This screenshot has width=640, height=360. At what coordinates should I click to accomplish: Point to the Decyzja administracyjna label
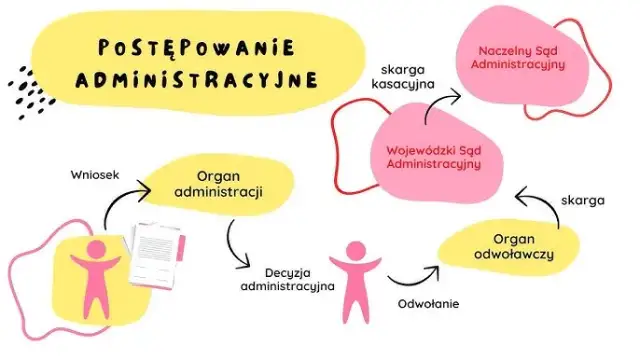[286, 278]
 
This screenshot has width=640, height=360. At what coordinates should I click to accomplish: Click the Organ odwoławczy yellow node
[514, 248]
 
